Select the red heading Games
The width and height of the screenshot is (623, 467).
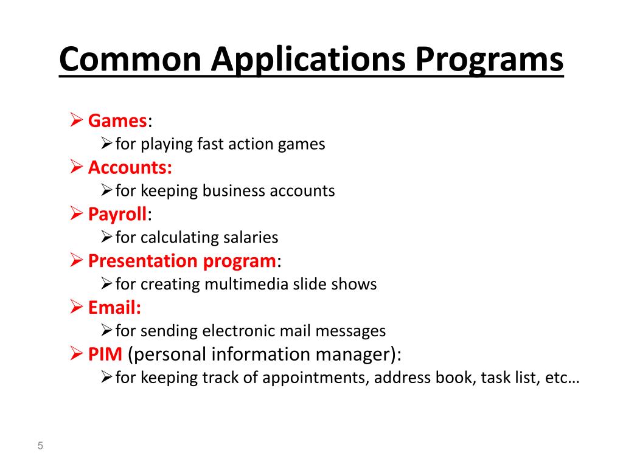[117, 120]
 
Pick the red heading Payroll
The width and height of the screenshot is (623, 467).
[117, 214]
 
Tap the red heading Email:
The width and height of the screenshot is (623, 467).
[114, 308]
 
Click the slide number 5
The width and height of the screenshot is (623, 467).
[41, 446]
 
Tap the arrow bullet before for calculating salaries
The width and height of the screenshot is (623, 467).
[106, 238]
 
